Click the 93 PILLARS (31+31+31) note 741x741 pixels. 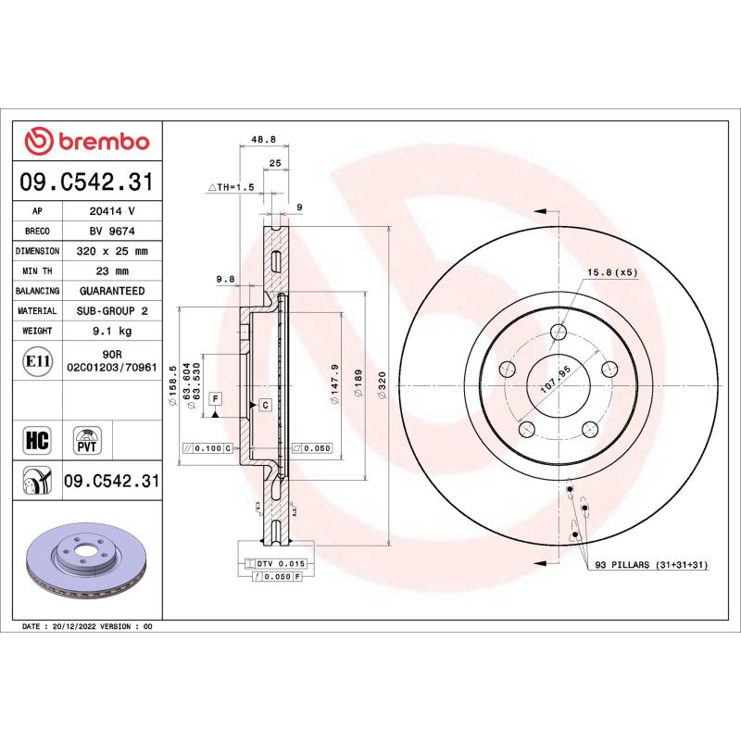[x=651, y=564]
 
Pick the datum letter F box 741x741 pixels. [x=215, y=398]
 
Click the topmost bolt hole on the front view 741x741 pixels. [x=559, y=332]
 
